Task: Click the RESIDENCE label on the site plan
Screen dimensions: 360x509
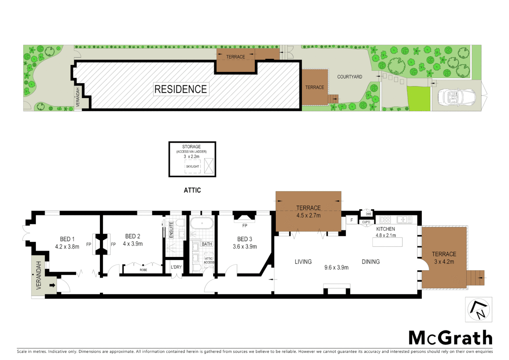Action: (x=181, y=89)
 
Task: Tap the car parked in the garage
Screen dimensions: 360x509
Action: (x=456, y=97)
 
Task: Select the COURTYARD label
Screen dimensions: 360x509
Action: (x=349, y=77)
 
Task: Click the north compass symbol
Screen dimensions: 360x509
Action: (x=479, y=310)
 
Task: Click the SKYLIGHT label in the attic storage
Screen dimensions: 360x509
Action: (x=193, y=166)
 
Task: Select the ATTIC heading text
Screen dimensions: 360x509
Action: (x=192, y=190)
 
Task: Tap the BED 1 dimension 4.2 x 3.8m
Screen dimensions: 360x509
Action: (x=67, y=247)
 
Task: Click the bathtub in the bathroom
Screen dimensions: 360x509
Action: (x=202, y=223)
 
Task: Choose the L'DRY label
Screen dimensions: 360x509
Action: (x=176, y=267)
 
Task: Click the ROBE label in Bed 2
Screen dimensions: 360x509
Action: (x=143, y=270)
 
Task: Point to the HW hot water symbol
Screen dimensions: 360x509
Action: (x=368, y=214)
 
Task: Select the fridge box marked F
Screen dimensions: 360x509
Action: (x=351, y=220)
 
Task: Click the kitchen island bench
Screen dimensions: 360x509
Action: (x=387, y=242)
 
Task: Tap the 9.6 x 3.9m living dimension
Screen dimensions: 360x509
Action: (x=336, y=267)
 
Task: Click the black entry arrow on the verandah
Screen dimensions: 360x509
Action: (x=52, y=285)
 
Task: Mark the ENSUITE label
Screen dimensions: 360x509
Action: (x=171, y=230)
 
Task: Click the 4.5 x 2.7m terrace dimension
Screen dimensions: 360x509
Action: (x=308, y=216)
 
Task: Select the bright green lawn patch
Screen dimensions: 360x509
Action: (x=418, y=99)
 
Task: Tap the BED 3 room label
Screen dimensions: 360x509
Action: (x=245, y=239)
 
